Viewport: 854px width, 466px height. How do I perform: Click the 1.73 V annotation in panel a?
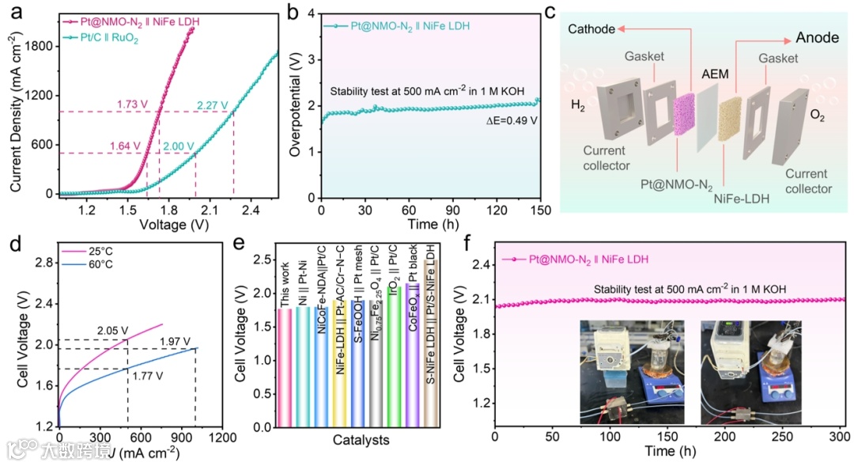tap(133, 104)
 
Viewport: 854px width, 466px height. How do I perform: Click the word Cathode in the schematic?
tap(591, 29)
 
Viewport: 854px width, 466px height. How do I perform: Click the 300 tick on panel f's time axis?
tap(837, 438)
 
